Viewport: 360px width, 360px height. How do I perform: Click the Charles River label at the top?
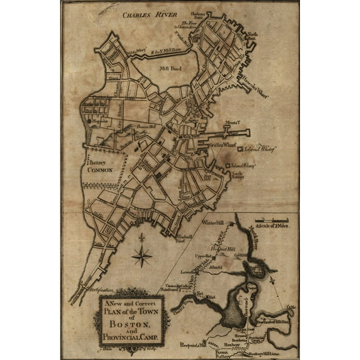click(x=150, y=13)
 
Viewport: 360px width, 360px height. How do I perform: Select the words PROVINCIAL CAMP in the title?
click(x=132, y=337)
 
